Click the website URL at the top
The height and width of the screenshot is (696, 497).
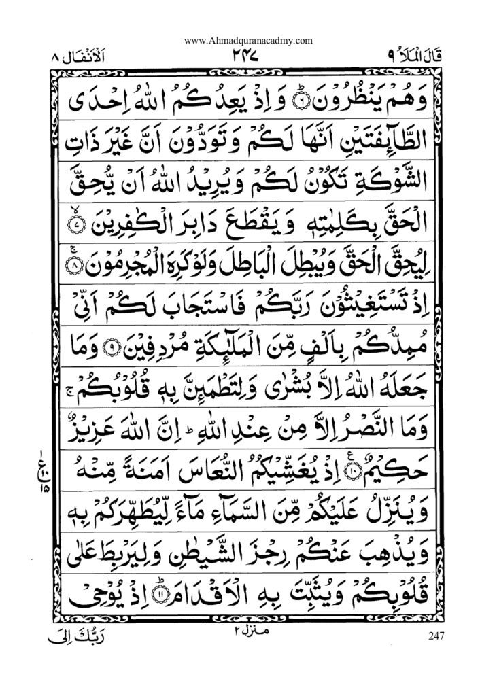coord(248,40)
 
